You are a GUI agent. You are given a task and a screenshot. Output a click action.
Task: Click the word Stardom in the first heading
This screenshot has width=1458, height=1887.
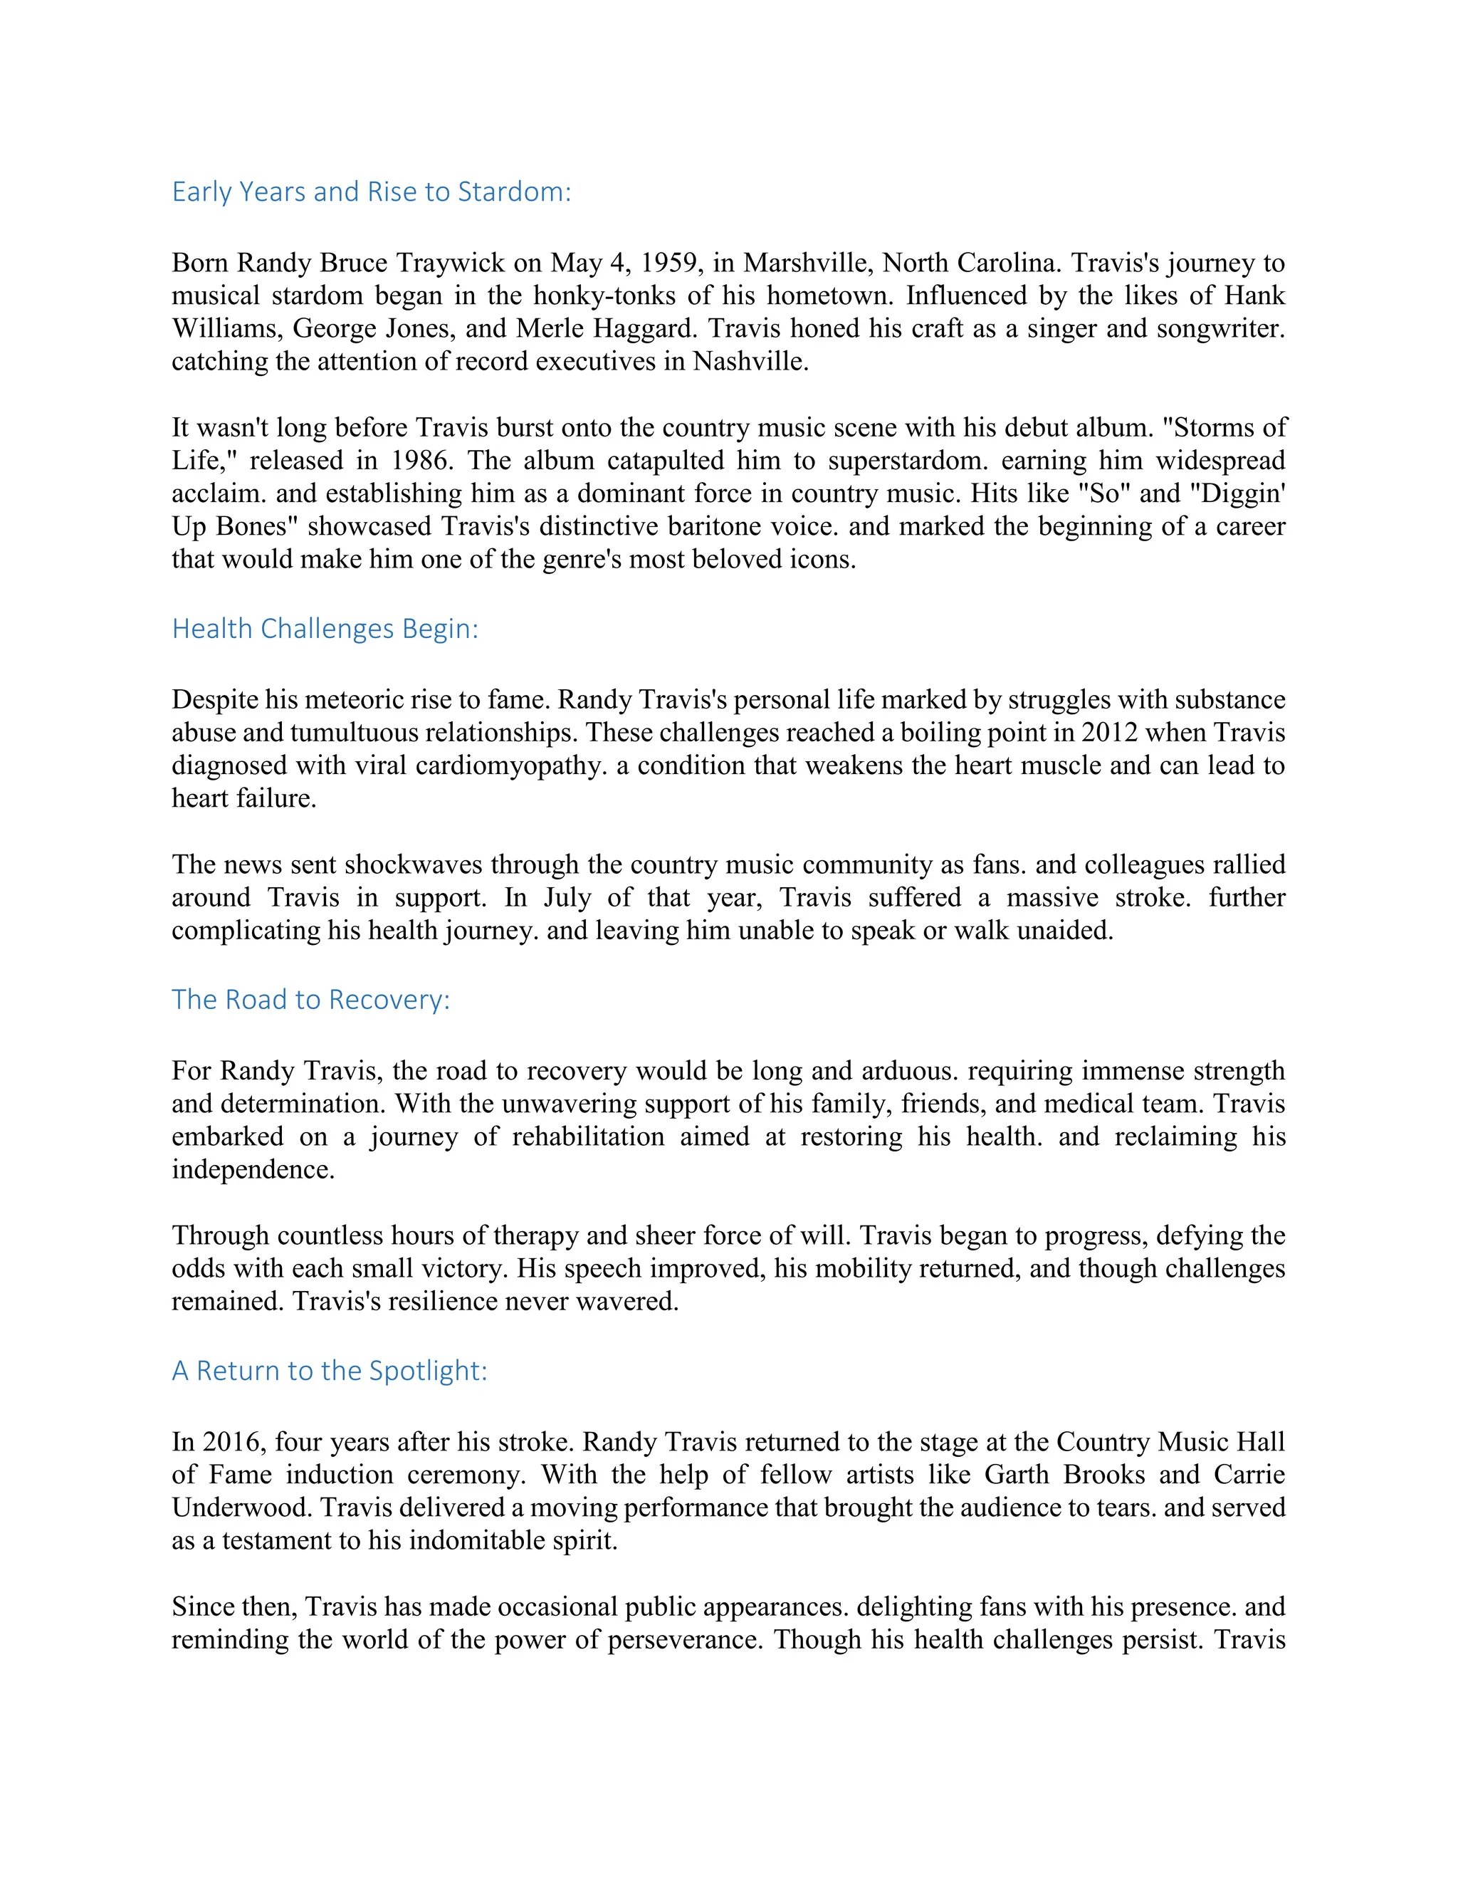(x=514, y=192)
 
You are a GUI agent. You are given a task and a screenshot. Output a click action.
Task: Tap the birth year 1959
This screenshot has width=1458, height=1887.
(x=671, y=263)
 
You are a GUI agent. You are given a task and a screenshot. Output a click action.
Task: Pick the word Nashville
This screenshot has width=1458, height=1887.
(x=750, y=361)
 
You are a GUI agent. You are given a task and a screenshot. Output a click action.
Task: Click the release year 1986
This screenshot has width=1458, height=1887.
(x=418, y=461)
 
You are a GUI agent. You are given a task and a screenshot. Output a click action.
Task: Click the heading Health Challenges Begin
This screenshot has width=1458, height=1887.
(x=325, y=629)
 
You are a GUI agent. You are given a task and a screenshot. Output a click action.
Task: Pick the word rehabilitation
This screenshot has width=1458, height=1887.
(x=588, y=1137)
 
